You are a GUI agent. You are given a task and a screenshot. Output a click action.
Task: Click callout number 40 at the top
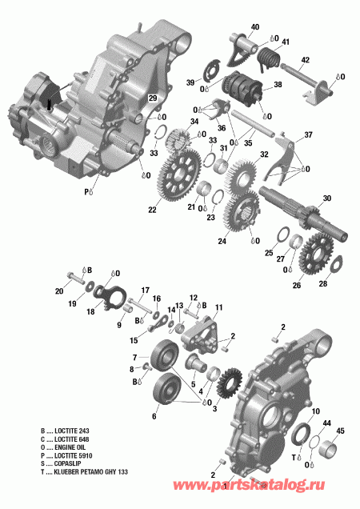pyautogui.click(x=254, y=28)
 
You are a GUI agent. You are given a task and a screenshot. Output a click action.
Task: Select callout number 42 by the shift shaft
pyautogui.click(x=305, y=60)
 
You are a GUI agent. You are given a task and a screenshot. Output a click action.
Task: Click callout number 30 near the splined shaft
pyautogui.click(x=326, y=198)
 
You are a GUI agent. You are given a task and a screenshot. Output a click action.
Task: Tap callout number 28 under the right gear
pyautogui.click(x=324, y=284)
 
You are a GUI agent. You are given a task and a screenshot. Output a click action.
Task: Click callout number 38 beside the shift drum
pyautogui.click(x=278, y=85)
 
